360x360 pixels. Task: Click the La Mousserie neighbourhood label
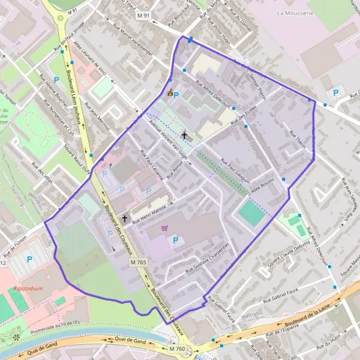[x=296, y=11]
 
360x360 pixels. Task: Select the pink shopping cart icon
[x=164, y=228]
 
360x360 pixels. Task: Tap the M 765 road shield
[x=138, y=262]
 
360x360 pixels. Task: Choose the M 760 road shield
[x=177, y=349]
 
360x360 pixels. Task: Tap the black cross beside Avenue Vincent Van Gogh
[x=184, y=136]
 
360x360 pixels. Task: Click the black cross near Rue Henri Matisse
[x=125, y=219]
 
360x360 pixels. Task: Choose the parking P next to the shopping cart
[x=175, y=241]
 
